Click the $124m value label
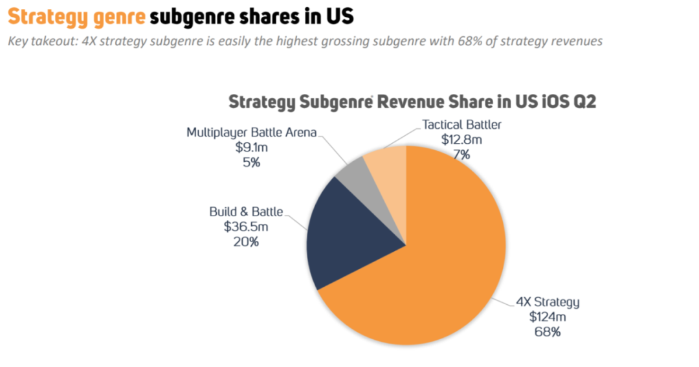click(x=548, y=317)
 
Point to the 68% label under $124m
click(x=548, y=332)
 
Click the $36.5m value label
click(x=246, y=227)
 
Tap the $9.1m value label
click(x=252, y=148)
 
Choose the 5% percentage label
click(x=252, y=162)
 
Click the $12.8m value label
click(x=461, y=139)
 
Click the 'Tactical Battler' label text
click(x=461, y=124)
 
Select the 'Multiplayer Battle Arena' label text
click(x=252, y=133)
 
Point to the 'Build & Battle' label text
click(x=246, y=212)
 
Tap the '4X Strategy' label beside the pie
click(x=548, y=302)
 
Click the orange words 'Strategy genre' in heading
click(x=76, y=16)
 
